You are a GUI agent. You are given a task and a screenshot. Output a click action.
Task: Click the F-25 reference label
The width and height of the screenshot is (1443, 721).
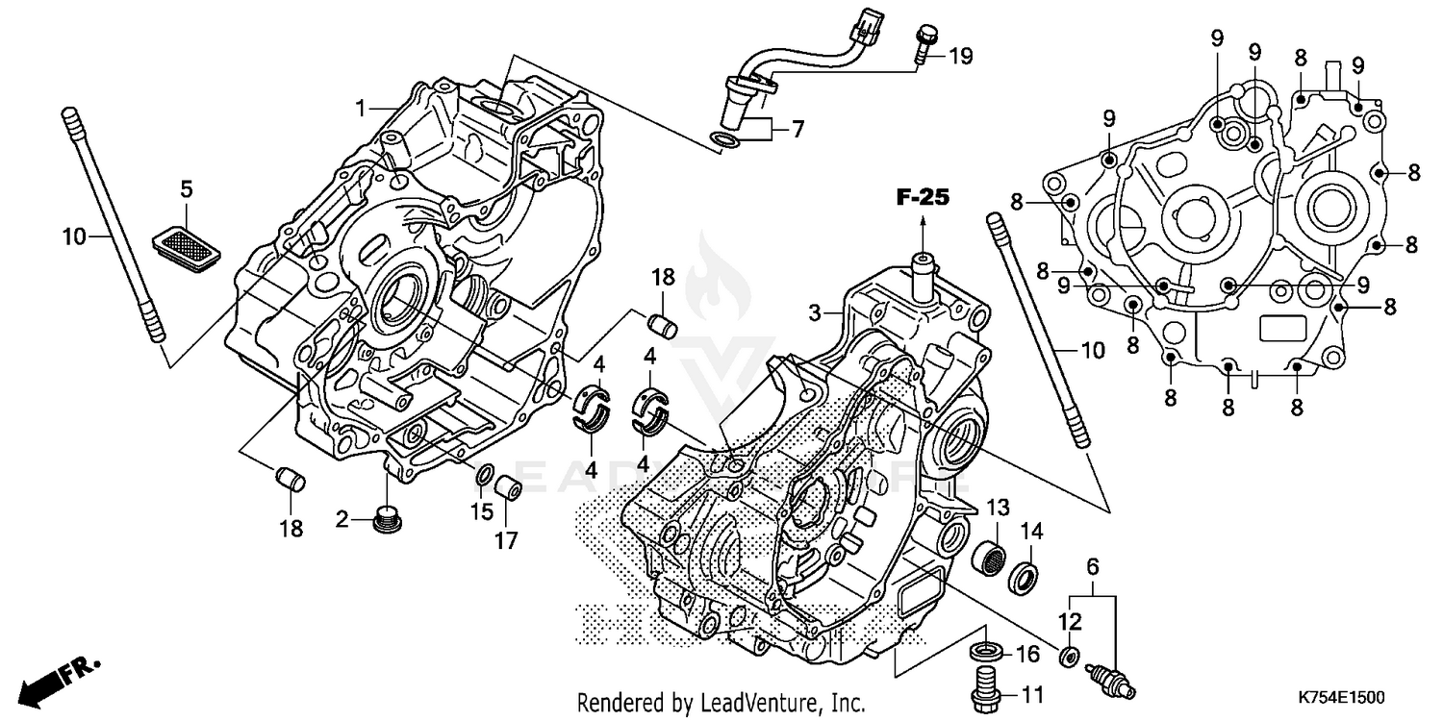point(923,198)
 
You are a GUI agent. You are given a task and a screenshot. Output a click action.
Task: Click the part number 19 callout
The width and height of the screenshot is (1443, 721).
point(960,57)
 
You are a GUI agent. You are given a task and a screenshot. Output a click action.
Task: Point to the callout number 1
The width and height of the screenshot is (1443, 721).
point(361,109)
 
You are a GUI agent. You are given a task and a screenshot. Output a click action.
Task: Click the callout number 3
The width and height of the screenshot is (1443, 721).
point(814,312)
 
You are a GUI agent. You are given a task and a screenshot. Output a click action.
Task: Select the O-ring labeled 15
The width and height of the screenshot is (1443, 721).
point(485,473)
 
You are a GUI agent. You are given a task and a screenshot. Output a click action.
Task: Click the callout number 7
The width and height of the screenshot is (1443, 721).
point(797,130)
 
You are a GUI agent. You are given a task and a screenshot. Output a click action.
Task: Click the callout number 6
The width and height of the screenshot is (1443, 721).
point(1091,567)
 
